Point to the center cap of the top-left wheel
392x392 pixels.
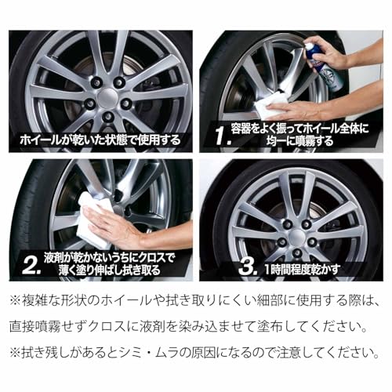(x=108, y=97)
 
